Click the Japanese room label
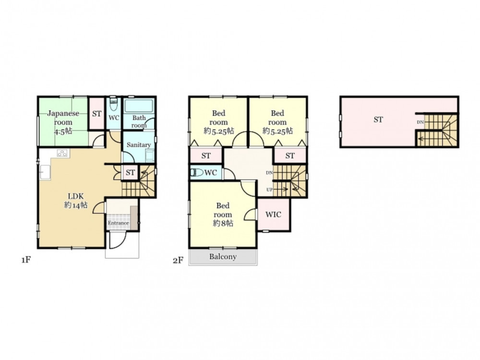click(63, 122)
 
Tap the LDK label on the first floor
click(76, 201)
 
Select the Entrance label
click(118, 223)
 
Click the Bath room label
click(139, 121)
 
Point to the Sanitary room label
click(139, 145)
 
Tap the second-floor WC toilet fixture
click(196, 173)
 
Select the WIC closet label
click(273, 215)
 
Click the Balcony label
click(223, 256)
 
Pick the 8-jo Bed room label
click(223, 215)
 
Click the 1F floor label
click(26, 260)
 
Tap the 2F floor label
click(178, 261)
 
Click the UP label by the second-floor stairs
click(269, 190)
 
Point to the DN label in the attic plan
click(420, 122)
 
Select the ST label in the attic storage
click(378, 120)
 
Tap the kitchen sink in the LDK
click(45, 173)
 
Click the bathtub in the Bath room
click(139, 106)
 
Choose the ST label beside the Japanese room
click(97, 114)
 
